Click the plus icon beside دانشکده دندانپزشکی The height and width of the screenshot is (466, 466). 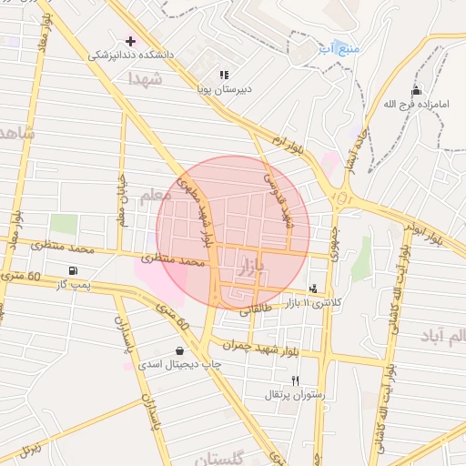click(131, 41)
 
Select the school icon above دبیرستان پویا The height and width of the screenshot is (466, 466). click(223, 76)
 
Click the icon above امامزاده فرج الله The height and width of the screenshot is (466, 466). click(417, 90)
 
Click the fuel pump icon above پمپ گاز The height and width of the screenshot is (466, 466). click(73, 270)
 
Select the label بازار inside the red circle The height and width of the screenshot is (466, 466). click(248, 267)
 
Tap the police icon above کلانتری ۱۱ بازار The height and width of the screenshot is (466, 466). click(314, 288)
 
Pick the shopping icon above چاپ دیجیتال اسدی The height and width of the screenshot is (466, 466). click(178, 350)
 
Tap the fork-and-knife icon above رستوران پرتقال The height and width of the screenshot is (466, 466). click(294, 380)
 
